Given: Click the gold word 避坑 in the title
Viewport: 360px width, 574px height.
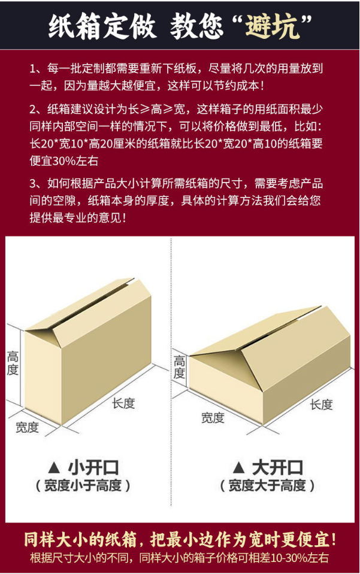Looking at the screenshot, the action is pos(273,26).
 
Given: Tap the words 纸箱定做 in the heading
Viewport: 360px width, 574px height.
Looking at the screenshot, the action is pos(102,26).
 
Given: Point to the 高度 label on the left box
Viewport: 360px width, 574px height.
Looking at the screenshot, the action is pos(13,363).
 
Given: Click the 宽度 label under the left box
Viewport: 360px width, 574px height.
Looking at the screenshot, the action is pos(27,427).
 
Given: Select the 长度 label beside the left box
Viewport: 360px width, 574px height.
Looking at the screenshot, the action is pos(124,403).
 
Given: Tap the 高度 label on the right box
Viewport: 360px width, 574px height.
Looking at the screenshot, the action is pos(179,367).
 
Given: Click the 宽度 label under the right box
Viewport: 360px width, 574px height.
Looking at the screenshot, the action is pos(213,418).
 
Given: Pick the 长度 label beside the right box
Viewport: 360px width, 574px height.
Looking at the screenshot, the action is pos(321,405).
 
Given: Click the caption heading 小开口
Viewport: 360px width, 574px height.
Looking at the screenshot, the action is pos(94,467).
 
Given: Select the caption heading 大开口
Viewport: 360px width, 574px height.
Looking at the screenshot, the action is pos(277,467).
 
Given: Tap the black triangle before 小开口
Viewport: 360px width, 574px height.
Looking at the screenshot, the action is pos(54,467).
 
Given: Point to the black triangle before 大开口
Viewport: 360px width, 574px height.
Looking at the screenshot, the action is pos(239,467).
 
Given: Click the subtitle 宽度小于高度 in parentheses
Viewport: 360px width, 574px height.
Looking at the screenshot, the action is pos(83,486).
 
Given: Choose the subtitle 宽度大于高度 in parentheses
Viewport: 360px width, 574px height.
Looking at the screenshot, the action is pos(267,486).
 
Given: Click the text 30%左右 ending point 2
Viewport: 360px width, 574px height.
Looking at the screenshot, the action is pos(75,161).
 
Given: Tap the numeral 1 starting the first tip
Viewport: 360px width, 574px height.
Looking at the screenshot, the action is pos(33,68).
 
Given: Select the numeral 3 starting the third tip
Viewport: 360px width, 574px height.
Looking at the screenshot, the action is pos(33,183).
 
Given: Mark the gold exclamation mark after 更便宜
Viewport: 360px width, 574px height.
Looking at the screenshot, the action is pos(332,540).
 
